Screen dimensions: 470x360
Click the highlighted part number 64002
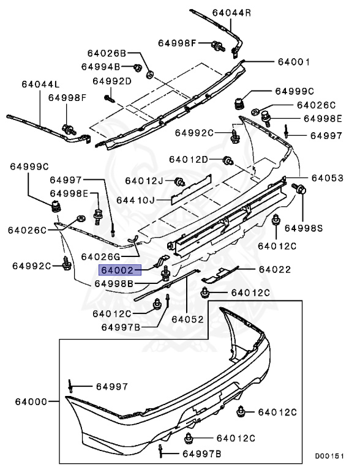click(x=121, y=270)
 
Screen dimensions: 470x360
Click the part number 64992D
click(x=112, y=81)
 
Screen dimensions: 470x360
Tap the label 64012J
click(x=144, y=181)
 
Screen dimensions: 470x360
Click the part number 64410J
click(x=144, y=200)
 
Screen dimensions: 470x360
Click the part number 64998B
click(x=114, y=283)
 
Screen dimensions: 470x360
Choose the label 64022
click(x=274, y=269)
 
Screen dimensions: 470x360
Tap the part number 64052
click(x=187, y=319)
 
